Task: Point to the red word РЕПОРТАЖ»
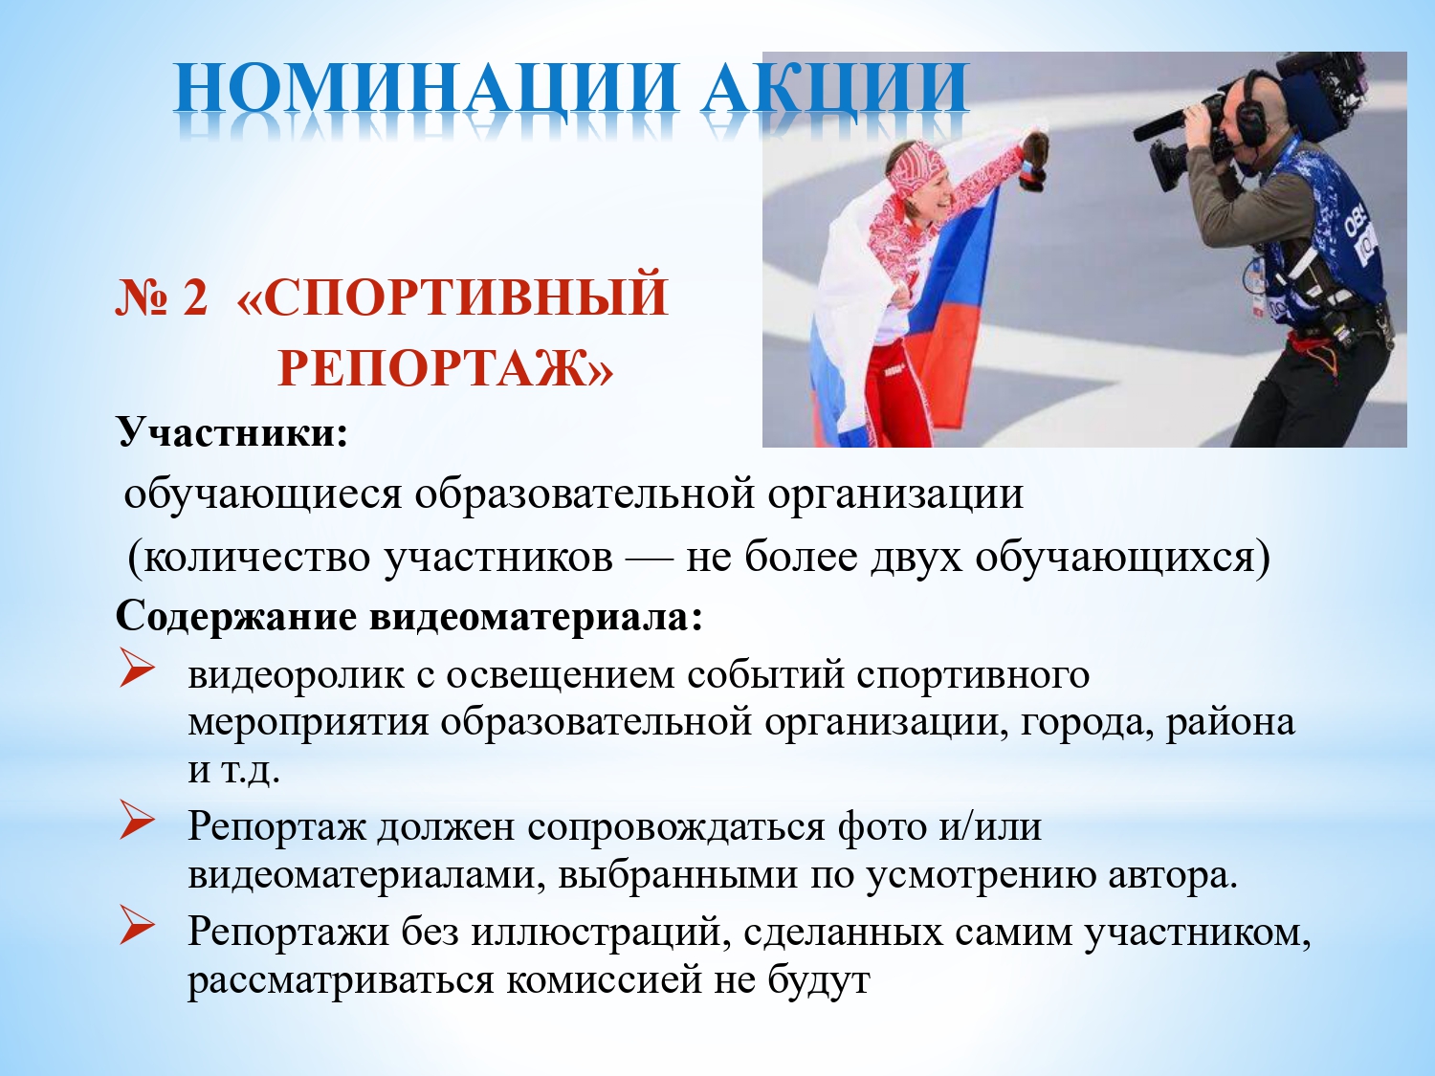tap(446, 368)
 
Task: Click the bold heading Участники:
tap(232, 431)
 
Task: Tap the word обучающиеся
tap(262, 494)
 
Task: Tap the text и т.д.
tap(234, 771)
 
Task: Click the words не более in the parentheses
tap(772, 559)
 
